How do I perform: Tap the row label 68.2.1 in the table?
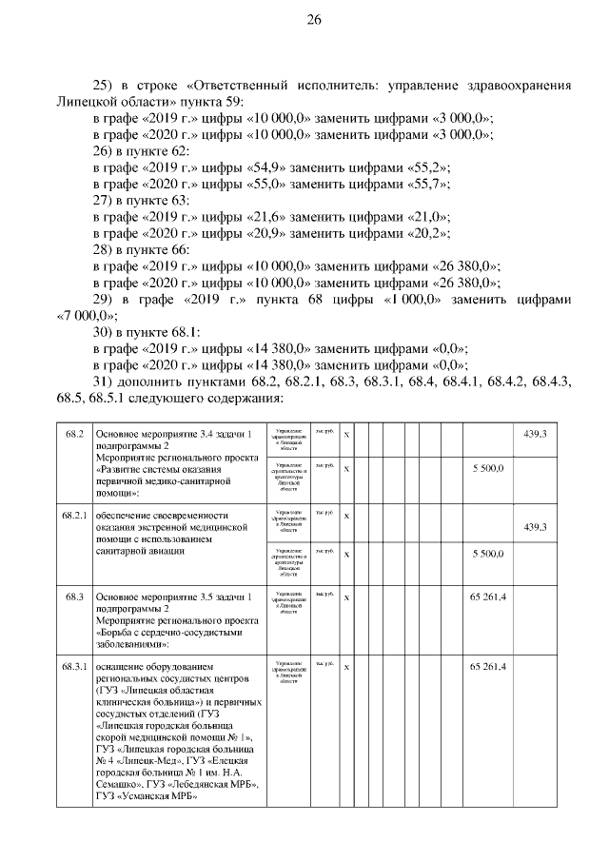coord(75,515)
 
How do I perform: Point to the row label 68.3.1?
coord(75,665)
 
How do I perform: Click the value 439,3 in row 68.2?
coord(535,434)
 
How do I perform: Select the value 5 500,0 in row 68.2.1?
coord(487,553)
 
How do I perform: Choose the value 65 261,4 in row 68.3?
coord(487,597)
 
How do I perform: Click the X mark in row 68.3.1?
coord(346,665)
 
